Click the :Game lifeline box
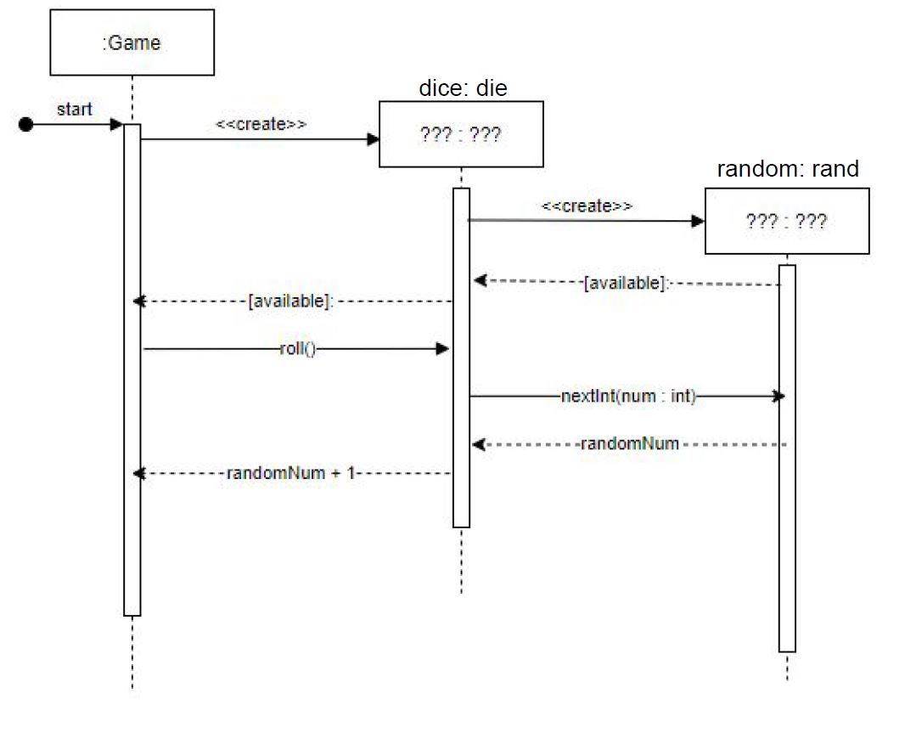click(132, 42)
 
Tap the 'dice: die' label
click(463, 89)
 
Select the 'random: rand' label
click(788, 169)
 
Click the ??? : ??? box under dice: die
click(461, 134)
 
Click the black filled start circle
click(25, 125)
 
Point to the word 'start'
click(75, 109)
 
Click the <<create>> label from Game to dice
click(261, 124)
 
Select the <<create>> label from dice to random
click(587, 206)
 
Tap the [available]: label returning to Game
click(289, 302)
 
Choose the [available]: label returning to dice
click(627, 284)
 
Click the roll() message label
click(297, 348)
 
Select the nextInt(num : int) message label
click(628, 396)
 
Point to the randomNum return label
click(629, 443)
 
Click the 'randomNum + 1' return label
click(290, 474)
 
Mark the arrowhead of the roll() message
click(442, 348)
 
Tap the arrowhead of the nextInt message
click(778, 396)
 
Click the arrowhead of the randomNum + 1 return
click(140, 474)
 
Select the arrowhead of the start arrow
click(117, 125)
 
